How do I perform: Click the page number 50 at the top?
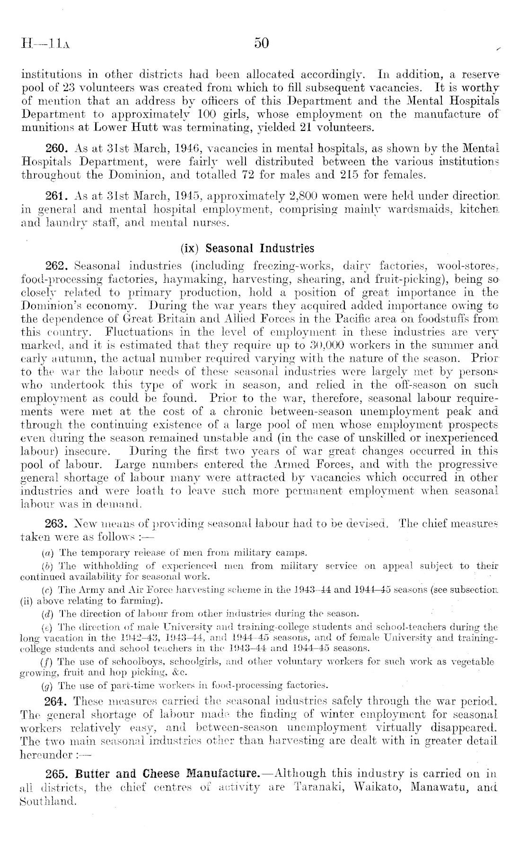coord(262,43)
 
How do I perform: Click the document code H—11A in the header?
coord(45,46)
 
